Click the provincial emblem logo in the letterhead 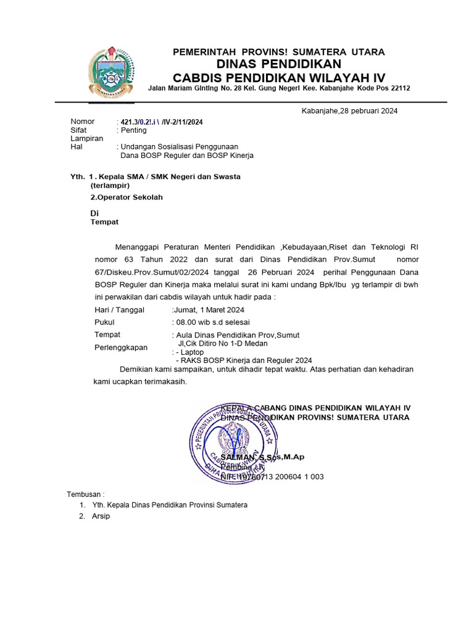110,73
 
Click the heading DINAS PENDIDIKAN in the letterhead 278,64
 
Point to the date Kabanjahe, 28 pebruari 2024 349,111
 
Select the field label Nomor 83,122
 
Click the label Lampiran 87,139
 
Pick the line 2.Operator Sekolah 127,197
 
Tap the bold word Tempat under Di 104,222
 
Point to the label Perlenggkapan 121,347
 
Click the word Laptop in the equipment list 192,352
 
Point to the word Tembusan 86,494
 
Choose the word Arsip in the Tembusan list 101,516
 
